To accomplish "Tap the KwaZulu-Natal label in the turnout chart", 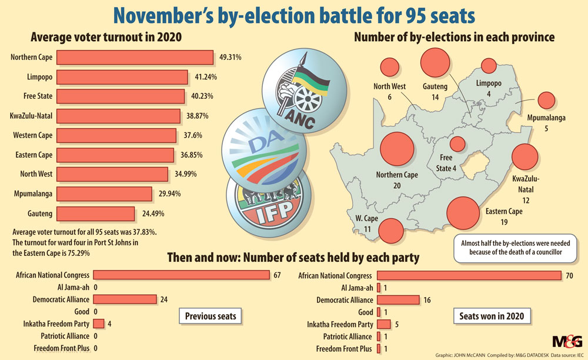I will (31, 116).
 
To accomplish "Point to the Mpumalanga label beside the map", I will (546, 118).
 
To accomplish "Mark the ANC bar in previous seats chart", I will (181, 275).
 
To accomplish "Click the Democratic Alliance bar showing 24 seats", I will (124, 299).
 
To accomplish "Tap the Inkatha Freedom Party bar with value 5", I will (383, 324).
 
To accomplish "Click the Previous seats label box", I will (211, 316).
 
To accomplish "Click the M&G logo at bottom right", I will (567, 341).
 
